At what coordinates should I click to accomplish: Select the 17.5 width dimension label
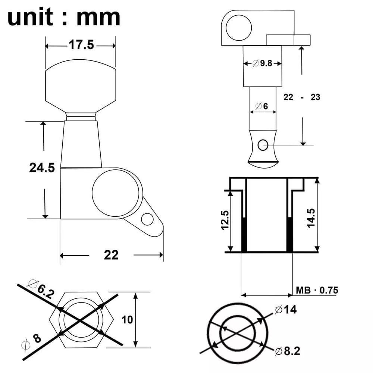80,45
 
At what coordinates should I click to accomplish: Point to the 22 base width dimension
111,255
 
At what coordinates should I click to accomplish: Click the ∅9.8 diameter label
262,63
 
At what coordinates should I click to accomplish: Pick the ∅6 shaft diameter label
262,106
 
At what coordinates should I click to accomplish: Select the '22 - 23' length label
302,97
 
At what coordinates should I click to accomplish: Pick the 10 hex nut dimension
127,319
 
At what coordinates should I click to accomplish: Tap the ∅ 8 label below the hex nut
32,340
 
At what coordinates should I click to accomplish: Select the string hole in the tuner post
264,144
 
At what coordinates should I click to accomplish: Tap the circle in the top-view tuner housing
239,27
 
